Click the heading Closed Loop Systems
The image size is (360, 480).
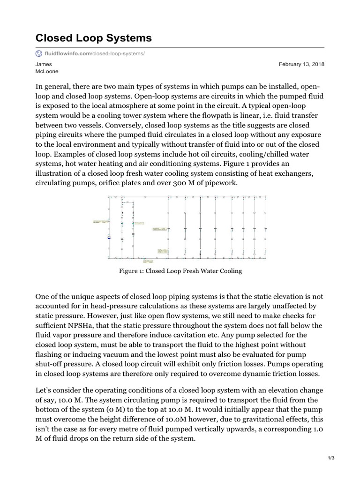93,38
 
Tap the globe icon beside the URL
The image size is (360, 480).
38,54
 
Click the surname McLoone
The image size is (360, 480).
47,71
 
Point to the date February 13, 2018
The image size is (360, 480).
301,64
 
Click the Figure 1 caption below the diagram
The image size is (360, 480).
180,271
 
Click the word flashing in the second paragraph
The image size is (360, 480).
49,355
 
